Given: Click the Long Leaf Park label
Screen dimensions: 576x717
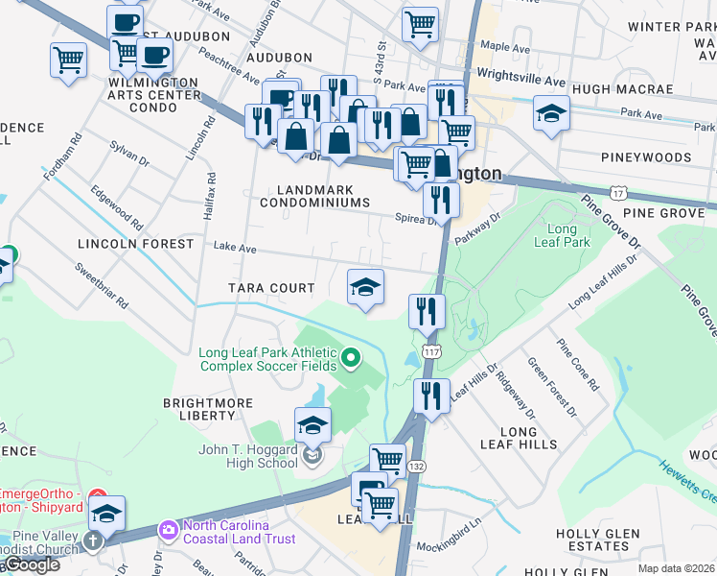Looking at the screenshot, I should click(562, 236).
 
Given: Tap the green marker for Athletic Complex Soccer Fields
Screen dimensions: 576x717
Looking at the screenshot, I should click(351, 359).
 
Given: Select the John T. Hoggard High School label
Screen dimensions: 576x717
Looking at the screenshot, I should click(248, 456).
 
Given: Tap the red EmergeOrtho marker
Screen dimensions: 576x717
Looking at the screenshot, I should click(98, 497).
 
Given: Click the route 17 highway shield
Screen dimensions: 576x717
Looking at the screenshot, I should click(619, 195).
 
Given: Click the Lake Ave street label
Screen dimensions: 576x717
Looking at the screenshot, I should click(235, 248).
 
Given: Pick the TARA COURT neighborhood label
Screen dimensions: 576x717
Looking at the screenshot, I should click(271, 288).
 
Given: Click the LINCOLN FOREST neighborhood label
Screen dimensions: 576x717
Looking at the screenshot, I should click(136, 244).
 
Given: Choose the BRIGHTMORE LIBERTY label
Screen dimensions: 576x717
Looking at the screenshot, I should click(199, 409).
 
